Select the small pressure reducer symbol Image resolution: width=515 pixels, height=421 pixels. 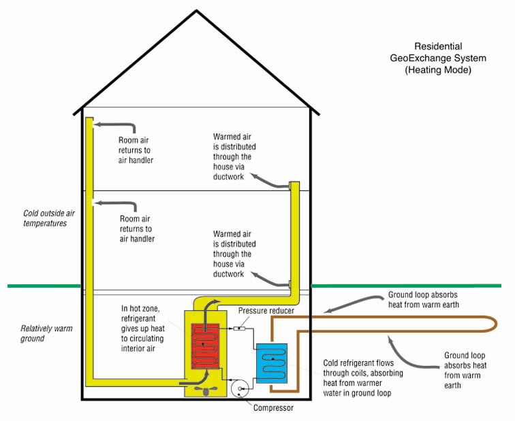pos(239,329)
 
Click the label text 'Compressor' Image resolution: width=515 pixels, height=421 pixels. pos(272,408)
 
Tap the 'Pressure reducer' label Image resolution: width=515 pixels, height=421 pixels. pos(266,310)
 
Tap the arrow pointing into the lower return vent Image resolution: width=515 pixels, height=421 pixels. pos(112,202)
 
